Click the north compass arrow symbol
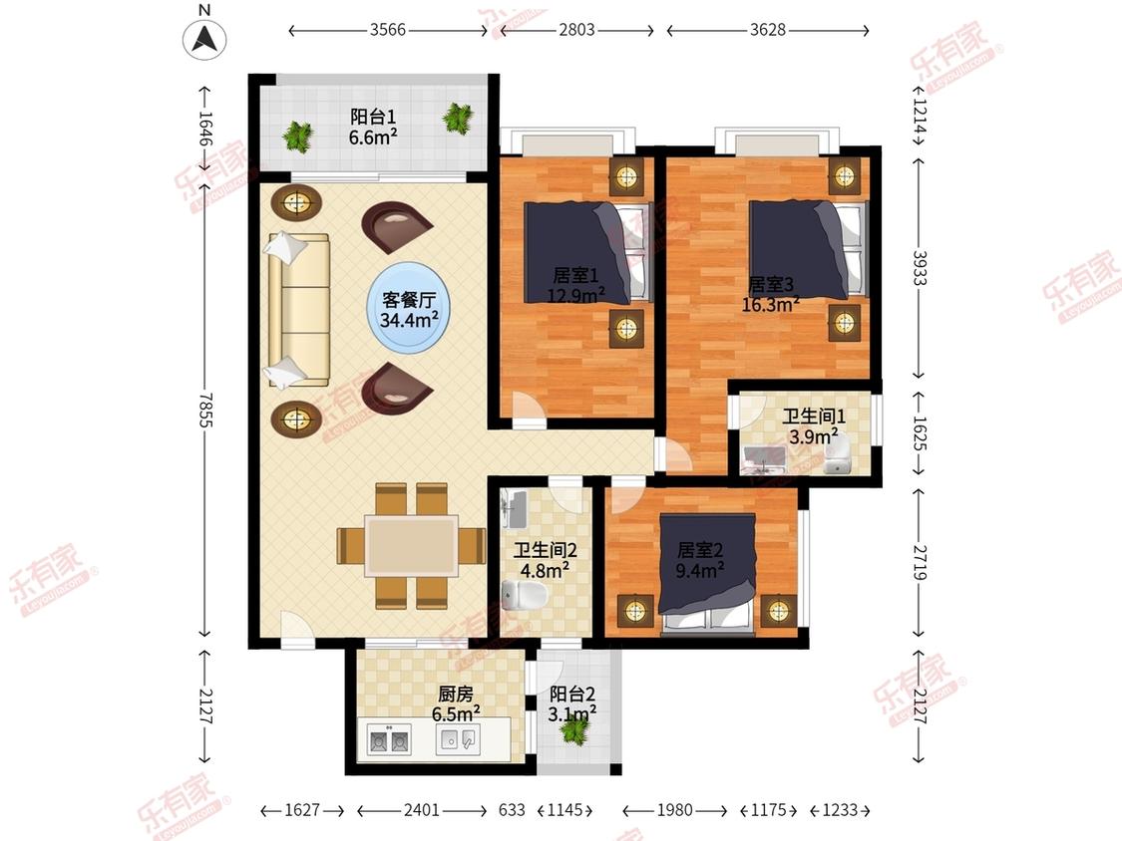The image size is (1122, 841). (204, 38)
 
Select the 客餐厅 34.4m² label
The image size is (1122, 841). (409, 309)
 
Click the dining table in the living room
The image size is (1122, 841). (412, 546)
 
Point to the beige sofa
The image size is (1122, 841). (298, 310)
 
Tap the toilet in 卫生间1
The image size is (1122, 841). (837, 456)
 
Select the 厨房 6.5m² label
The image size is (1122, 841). (456, 703)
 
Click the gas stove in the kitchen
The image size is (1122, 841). (389, 739)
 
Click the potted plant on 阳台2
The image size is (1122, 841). (573, 728)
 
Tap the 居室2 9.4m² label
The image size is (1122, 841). (700, 560)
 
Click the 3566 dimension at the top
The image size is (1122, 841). (388, 30)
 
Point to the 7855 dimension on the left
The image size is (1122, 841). (205, 410)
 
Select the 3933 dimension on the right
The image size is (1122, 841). (920, 267)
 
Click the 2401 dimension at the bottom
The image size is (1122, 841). (422, 810)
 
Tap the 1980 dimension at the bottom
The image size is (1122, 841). (675, 810)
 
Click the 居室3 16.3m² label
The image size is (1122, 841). (771, 295)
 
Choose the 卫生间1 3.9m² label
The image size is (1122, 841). (814, 426)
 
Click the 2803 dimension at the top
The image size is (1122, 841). (576, 30)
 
